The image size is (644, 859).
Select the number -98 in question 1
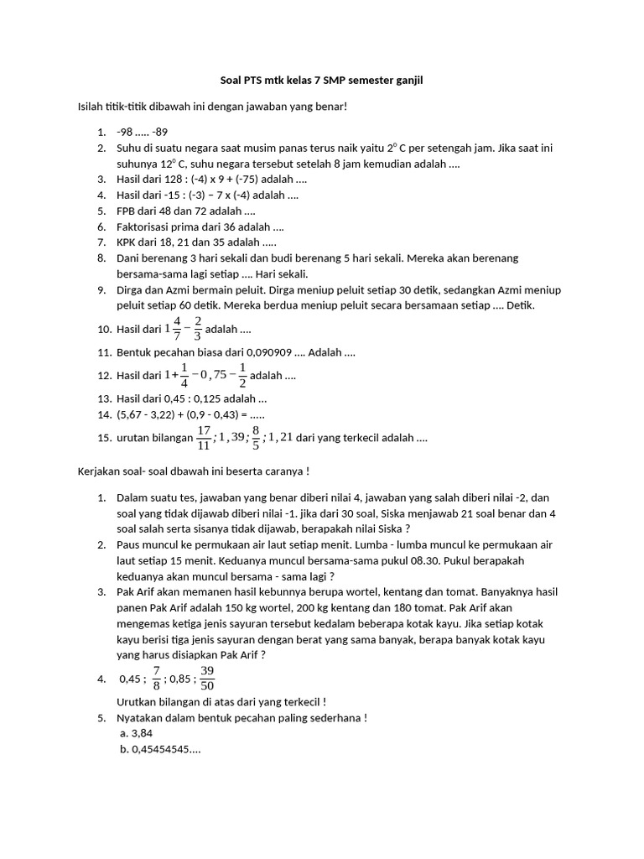tap(125, 132)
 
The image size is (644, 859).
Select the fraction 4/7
tap(176, 329)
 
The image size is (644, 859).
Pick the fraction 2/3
tap(198, 329)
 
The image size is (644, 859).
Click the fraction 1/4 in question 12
tap(184, 376)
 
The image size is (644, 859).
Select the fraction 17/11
tap(204, 437)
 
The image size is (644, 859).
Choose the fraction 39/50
tap(207, 679)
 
